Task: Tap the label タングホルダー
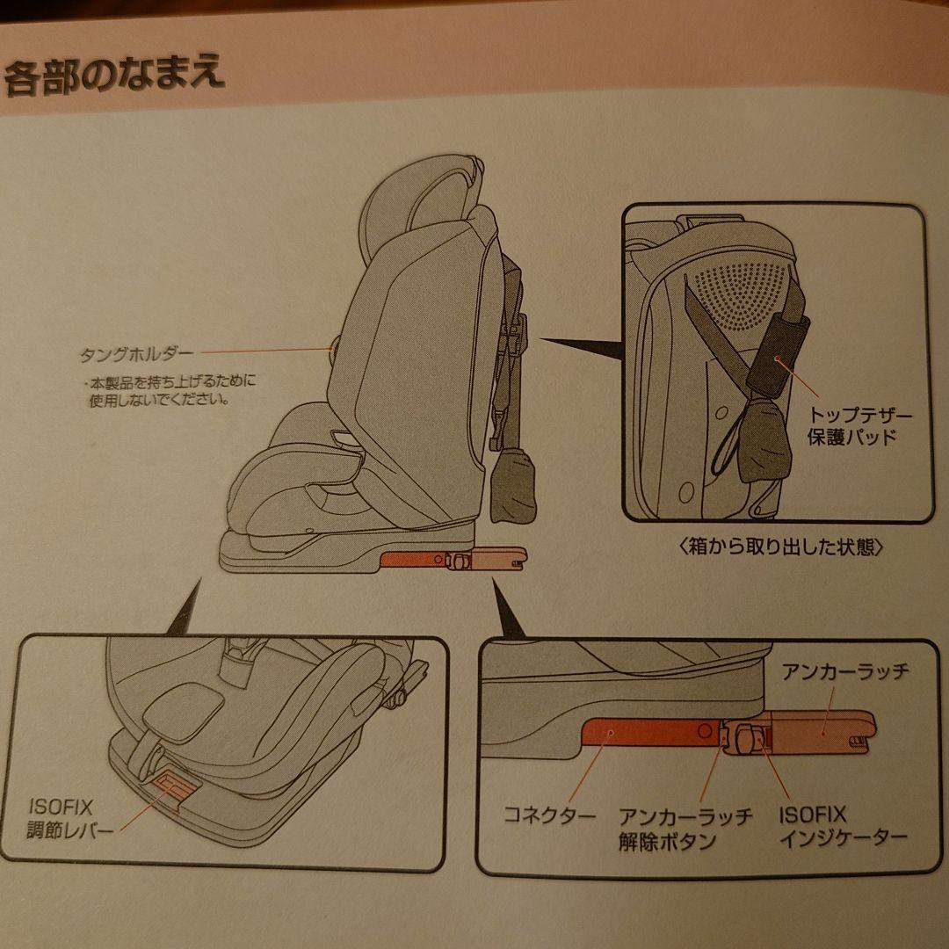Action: pyautogui.click(x=135, y=355)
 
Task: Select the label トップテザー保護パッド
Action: pyautogui.click(x=848, y=426)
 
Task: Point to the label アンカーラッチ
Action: pyautogui.click(x=844, y=674)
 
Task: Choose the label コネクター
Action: pyautogui.click(x=549, y=815)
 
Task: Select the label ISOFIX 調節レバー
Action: pyautogui.click(x=66, y=816)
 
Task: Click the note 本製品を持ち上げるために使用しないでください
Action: pyautogui.click(x=170, y=392)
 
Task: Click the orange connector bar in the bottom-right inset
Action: pyautogui.click(x=650, y=732)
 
